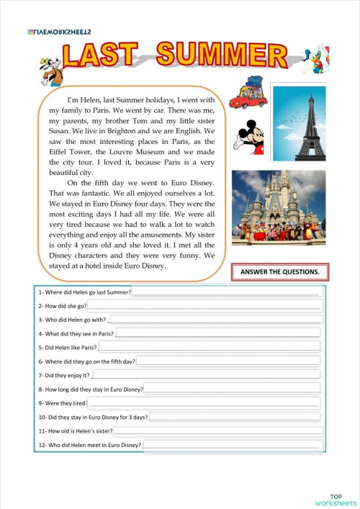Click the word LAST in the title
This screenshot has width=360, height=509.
point(100,58)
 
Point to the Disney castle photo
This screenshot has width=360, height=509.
point(279,208)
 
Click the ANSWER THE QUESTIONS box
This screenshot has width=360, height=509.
point(280,272)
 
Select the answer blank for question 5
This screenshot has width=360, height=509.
point(210,347)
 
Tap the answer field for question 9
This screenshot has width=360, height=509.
point(204,404)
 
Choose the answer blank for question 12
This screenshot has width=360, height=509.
point(233,446)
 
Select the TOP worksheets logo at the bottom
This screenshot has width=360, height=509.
point(336,499)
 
